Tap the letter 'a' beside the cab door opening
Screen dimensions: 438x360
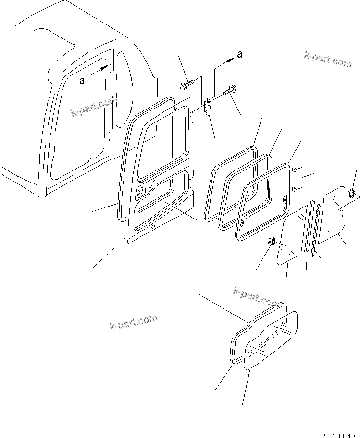82,81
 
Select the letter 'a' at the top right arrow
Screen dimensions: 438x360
239,55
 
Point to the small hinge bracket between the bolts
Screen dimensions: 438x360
207,108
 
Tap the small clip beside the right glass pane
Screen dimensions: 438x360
351,193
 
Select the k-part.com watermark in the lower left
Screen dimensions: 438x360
133,322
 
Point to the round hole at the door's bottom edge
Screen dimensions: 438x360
153,227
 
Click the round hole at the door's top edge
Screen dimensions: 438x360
176,107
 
